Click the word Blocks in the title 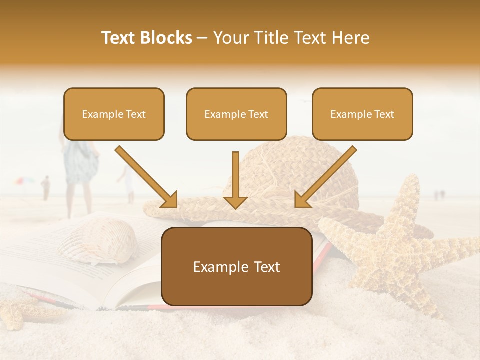[x=166, y=38]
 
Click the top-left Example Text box [x=114, y=114]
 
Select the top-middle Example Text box [x=236, y=114]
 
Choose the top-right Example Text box [x=362, y=114]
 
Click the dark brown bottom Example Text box [x=236, y=267]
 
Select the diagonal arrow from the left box [x=146, y=177]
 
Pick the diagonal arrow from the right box [x=325, y=177]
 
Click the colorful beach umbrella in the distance [x=25, y=181]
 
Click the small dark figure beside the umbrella [x=46, y=187]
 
